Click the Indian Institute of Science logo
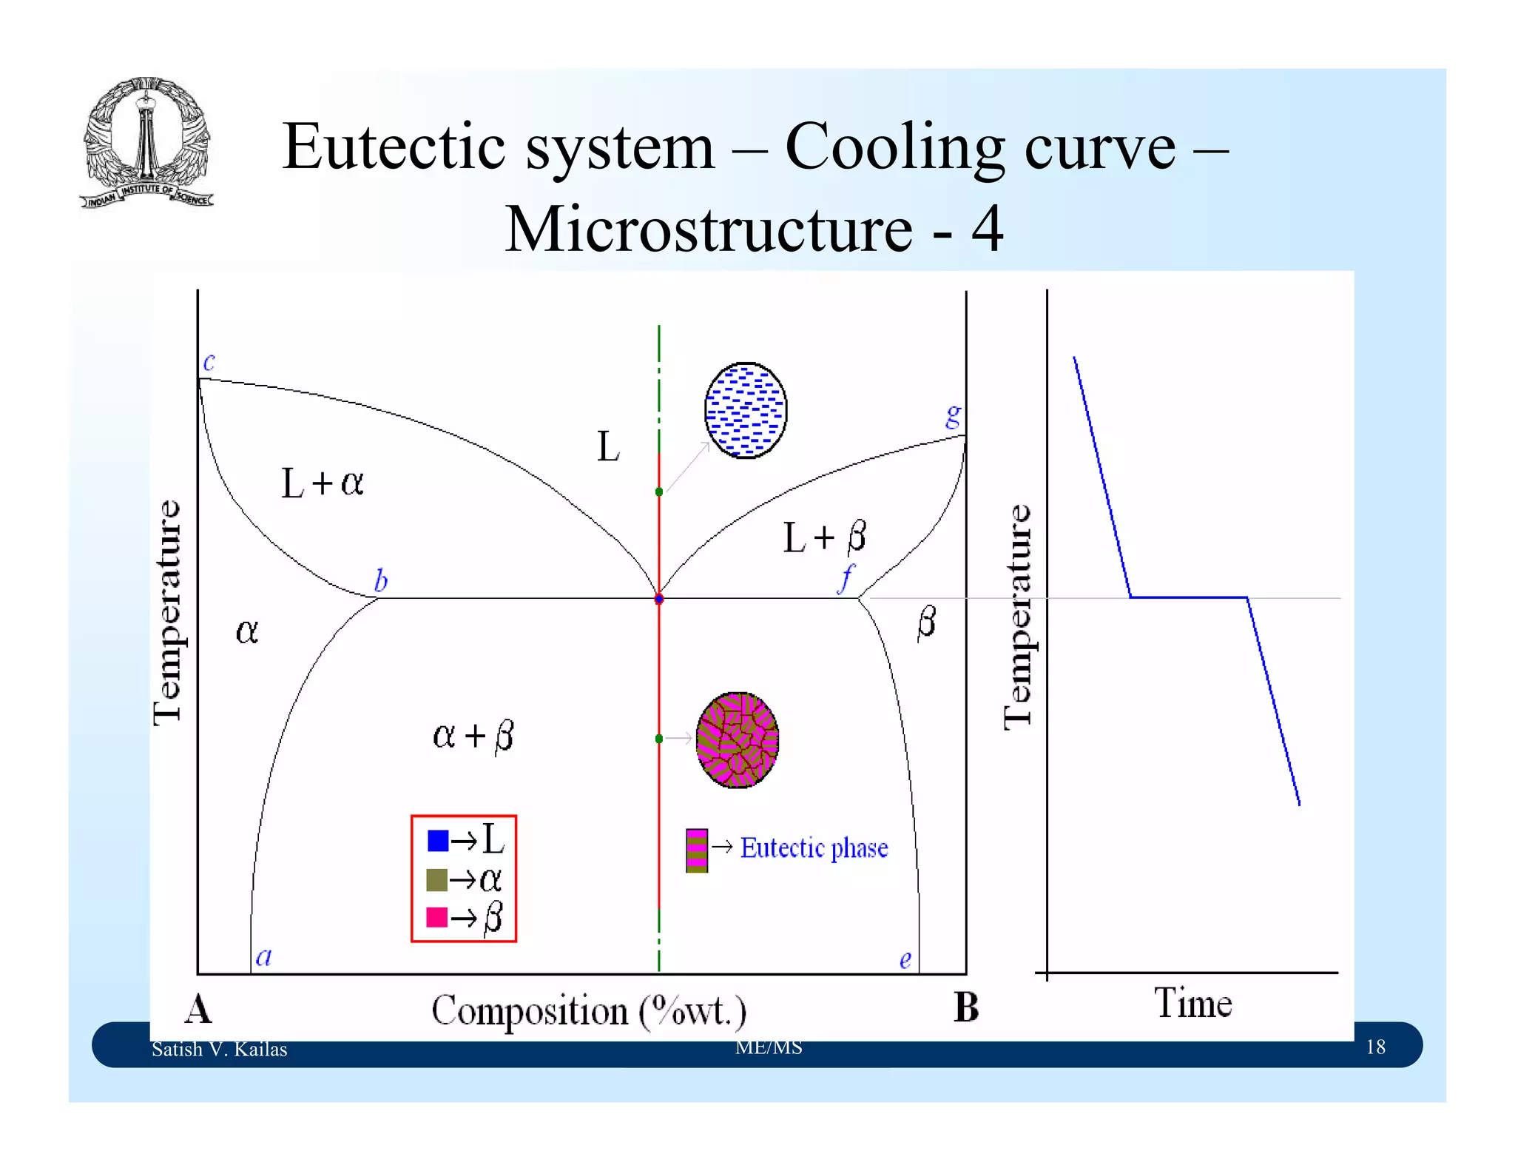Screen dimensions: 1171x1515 click(x=146, y=143)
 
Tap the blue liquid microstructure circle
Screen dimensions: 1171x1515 click(x=745, y=410)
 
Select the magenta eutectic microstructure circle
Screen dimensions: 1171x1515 click(x=737, y=739)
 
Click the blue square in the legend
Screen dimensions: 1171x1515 click(x=438, y=840)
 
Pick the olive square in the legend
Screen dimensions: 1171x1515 click(x=437, y=879)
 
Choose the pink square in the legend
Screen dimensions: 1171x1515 click(x=437, y=917)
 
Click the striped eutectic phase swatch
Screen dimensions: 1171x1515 click(x=697, y=850)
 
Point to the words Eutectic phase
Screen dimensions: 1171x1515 click(x=814, y=848)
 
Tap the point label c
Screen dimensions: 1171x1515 click(x=209, y=361)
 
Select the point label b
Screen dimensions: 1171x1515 click(x=381, y=580)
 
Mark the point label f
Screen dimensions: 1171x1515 click(x=846, y=579)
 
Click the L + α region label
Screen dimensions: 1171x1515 click(x=323, y=483)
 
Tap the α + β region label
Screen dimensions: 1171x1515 click(x=473, y=736)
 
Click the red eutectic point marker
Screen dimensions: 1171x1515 click(x=659, y=599)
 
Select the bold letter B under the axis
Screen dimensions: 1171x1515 click(x=966, y=1007)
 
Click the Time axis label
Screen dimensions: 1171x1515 click(x=1192, y=1004)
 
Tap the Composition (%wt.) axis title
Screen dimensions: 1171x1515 click(x=589, y=1011)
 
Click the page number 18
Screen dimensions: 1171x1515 click(x=1375, y=1047)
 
